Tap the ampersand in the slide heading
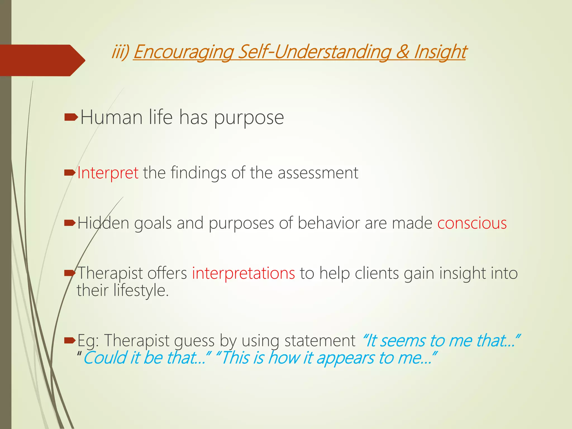coord(402,52)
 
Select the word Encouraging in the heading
coord(183,52)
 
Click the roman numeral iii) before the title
coord(120,52)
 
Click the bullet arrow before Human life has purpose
coord(71,118)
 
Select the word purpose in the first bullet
coord(249,118)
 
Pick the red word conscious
coord(472,223)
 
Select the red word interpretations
coord(243,273)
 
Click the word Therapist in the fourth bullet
coord(110,273)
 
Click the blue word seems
coord(403,341)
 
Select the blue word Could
coord(105,358)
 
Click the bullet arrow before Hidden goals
coord(70,223)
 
